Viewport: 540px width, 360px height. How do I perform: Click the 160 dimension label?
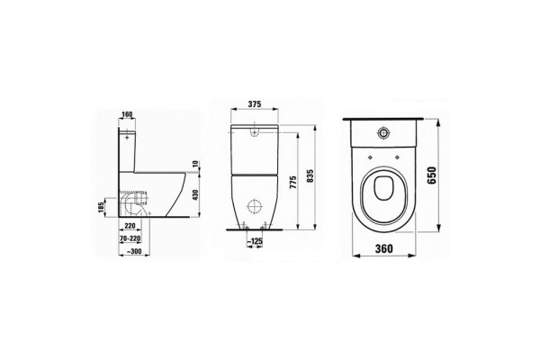[x=127, y=114]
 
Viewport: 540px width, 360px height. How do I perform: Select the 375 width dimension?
[x=255, y=103]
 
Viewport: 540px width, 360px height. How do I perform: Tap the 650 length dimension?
[x=431, y=175]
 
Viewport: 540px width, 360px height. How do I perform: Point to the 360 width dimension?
[x=383, y=248]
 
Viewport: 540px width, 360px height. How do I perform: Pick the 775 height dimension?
[x=292, y=182]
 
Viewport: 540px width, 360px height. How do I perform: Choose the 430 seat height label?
[x=195, y=195]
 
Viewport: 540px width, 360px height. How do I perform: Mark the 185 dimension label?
[x=101, y=207]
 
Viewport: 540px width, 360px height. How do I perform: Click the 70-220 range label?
[x=130, y=238]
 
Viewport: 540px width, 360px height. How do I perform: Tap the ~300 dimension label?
[x=133, y=251]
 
